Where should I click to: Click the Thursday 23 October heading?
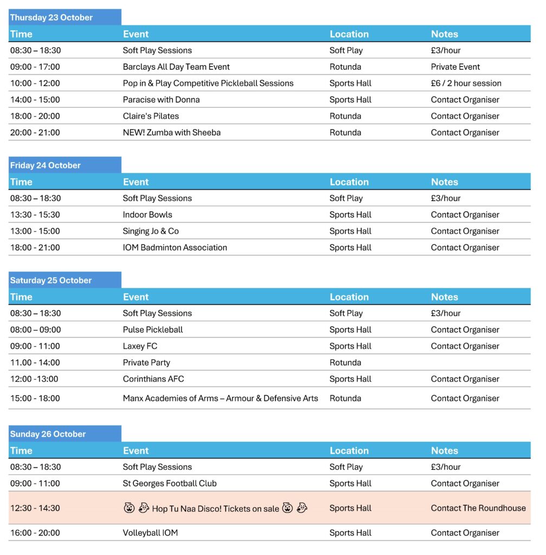[x=52, y=17]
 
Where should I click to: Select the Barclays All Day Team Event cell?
[x=176, y=67]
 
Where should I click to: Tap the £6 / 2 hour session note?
[x=466, y=83]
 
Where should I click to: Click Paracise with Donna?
[x=161, y=99]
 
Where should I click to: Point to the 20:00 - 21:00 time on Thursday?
[x=35, y=132]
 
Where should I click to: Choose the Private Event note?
[x=455, y=67]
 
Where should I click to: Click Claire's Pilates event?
[x=151, y=116]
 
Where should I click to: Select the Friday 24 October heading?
[x=45, y=165]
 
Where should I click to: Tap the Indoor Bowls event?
[x=147, y=215]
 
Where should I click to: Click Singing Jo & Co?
[x=151, y=231]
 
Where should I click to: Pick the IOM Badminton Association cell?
[x=175, y=247]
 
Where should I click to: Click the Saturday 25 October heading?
[x=51, y=280]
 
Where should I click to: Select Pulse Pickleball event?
[x=153, y=330]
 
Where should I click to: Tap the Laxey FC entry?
[x=140, y=346]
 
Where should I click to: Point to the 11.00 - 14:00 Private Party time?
[x=35, y=363]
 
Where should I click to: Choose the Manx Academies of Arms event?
[x=220, y=398]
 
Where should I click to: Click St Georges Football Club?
[x=170, y=483]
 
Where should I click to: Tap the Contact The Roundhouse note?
[x=478, y=508]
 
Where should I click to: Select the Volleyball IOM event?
[x=150, y=533]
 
